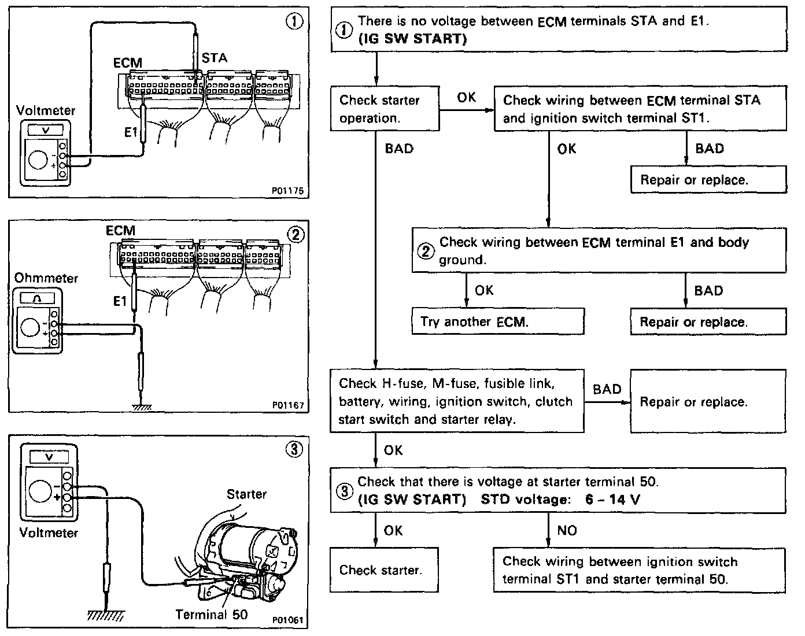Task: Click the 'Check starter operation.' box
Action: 385,109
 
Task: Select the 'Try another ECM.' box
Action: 497,322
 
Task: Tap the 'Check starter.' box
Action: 380,570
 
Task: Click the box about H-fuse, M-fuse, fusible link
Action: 457,401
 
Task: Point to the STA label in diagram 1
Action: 215,58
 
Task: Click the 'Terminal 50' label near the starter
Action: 211,614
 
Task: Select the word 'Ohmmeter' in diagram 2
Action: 46,278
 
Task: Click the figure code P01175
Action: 289,190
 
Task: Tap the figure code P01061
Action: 287,620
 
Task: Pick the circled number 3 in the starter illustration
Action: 294,449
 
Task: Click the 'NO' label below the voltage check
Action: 567,530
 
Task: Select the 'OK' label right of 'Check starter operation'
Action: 467,98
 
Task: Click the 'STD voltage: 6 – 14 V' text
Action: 560,500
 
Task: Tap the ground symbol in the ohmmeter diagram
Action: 142,406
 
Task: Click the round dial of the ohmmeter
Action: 29,328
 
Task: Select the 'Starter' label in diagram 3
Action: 247,494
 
